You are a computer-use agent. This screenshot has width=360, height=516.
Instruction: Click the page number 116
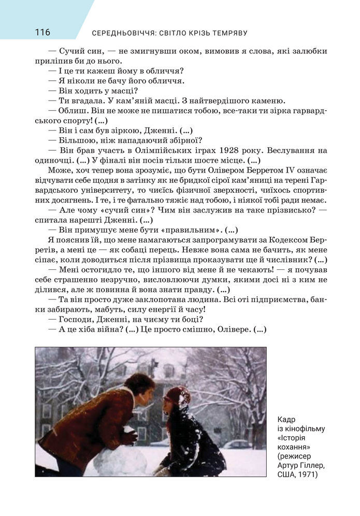42,33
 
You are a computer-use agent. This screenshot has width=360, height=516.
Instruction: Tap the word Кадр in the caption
286,419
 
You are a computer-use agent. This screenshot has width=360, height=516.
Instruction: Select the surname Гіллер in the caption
310,465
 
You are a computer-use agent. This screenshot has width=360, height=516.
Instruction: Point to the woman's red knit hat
176,396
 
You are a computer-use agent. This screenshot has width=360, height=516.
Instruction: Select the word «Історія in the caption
295,437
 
